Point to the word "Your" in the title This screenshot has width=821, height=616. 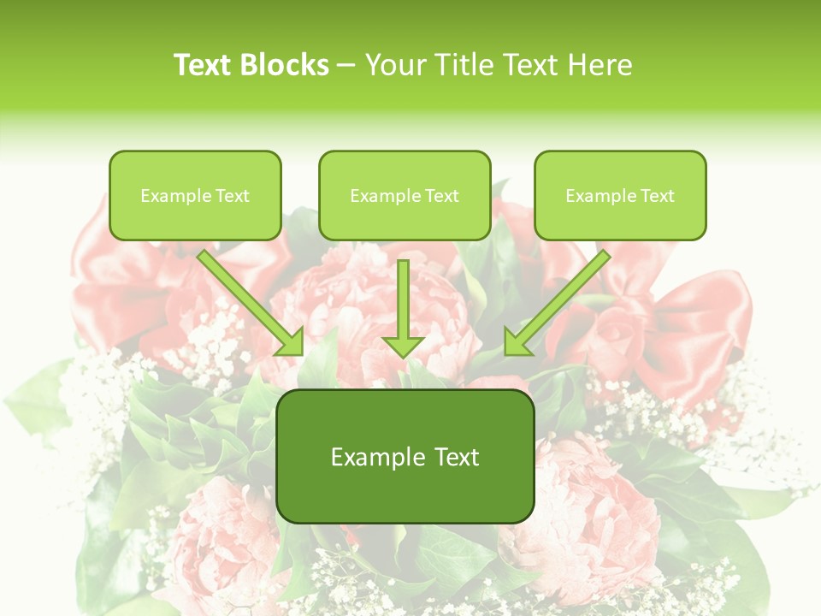click(x=393, y=65)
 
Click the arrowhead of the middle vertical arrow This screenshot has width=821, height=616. click(x=403, y=346)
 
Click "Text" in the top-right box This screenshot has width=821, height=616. click(x=657, y=196)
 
